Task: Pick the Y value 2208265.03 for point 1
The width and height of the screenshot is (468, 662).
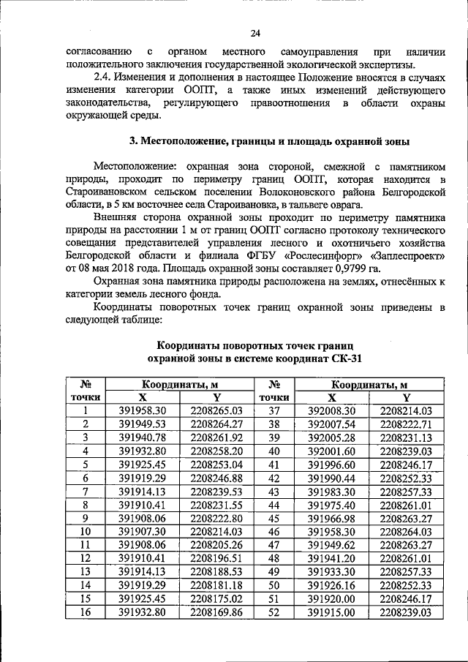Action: click(216, 411)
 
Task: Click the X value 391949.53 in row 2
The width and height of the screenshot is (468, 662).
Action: click(143, 424)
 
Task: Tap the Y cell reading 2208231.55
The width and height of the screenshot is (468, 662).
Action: click(216, 504)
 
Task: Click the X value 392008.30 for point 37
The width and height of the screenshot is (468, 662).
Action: click(331, 411)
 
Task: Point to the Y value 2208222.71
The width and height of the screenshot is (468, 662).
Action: click(407, 424)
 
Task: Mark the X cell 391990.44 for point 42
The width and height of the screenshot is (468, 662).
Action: click(331, 478)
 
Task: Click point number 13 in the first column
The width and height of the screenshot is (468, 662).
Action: click(86, 571)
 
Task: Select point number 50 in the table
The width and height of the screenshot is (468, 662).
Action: click(275, 584)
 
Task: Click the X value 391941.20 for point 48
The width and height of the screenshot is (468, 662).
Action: click(331, 557)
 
